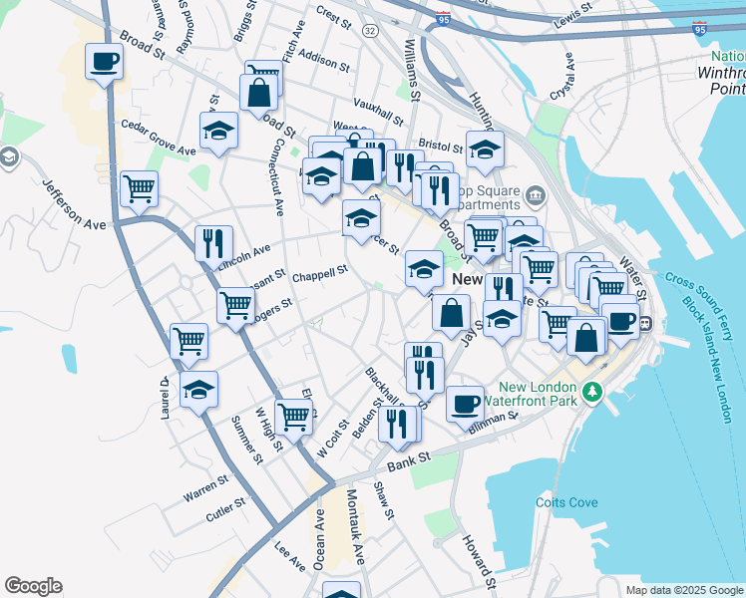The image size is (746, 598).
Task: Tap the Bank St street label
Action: coord(408,459)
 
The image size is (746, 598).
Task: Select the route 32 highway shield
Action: coord(370,31)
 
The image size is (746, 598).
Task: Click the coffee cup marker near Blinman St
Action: coord(465,403)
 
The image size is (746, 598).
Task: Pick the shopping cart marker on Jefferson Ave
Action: coord(139,187)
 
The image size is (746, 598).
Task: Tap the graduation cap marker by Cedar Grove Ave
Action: coord(218,130)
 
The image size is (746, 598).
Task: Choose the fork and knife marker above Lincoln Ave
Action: coord(213,242)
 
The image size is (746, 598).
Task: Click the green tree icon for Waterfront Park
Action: coord(593,389)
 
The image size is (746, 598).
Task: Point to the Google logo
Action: coord(33,586)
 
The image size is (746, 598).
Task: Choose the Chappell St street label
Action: coord(319,271)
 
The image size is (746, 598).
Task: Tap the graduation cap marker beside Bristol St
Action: coord(485,149)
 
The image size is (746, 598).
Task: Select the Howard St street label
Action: coord(478,558)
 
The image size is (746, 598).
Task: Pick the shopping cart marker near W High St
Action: coord(293,416)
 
